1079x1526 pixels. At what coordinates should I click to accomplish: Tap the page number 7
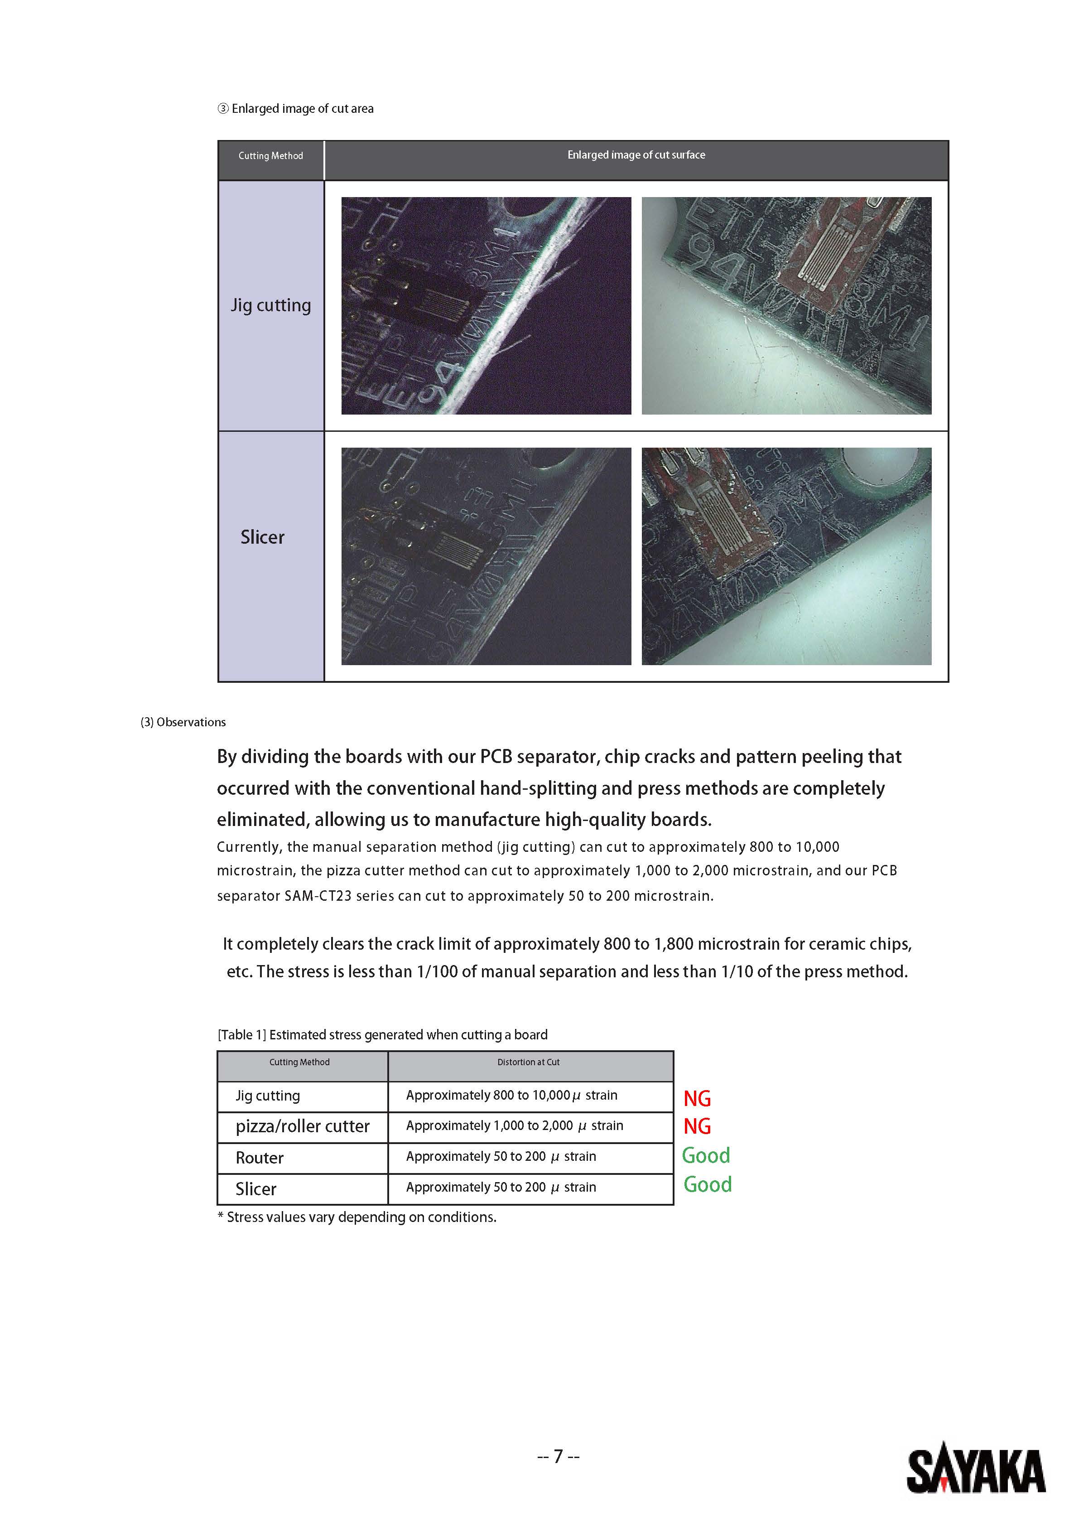(x=558, y=1456)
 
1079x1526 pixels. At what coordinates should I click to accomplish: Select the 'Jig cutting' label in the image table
(x=270, y=305)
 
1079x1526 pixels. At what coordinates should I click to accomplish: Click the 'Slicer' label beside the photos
(x=262, y=537)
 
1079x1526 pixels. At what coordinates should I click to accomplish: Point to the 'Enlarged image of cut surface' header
(x=636, y=155)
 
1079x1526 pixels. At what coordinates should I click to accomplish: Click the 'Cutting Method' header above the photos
(x=270, y=155)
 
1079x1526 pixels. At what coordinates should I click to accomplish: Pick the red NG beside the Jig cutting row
(x=697, y=1099)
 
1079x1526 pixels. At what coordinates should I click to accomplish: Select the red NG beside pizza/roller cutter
(x=697, y=1126)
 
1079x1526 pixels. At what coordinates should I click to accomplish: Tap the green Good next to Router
(x=706, y=1156)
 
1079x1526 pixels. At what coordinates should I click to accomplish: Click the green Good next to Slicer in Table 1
(x=708, y=1184)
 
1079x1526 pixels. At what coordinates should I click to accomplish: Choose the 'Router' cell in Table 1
(x=260, y=1158)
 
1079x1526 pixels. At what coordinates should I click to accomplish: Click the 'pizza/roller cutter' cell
(x=302, y=1126)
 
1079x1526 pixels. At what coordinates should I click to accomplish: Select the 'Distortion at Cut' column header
(x=528, y=1062)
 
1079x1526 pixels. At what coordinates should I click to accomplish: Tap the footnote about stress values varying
(x=357, y=1217)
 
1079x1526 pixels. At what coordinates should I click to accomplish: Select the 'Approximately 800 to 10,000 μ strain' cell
(x=511, y=1095)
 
